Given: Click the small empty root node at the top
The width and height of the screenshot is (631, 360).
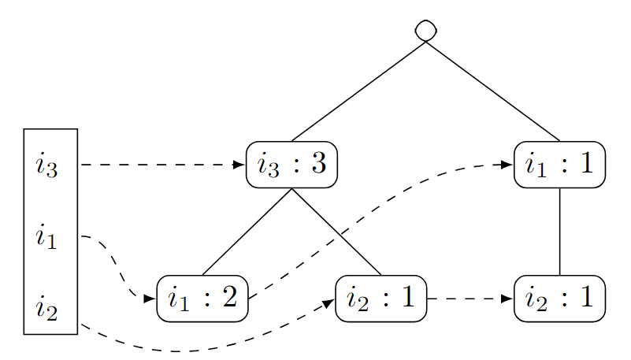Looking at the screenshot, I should [425, 29].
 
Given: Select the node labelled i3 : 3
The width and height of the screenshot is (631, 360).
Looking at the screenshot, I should [291, 165].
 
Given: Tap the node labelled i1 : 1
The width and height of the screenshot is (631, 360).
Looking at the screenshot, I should [559, 165].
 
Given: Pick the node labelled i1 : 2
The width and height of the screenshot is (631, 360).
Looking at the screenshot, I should [202, 299].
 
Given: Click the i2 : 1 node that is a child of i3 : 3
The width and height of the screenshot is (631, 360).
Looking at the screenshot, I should [381, 299].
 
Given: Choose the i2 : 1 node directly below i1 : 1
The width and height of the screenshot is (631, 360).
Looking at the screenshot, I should [559, 299].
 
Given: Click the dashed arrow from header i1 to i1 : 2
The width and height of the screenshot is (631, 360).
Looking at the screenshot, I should [118, 268].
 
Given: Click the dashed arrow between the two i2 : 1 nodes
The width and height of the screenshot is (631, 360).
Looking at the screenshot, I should [470, 299].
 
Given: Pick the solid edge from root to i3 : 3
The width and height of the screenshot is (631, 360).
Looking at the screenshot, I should [358, 91].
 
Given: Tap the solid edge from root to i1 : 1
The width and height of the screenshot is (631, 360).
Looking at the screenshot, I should [492, 91].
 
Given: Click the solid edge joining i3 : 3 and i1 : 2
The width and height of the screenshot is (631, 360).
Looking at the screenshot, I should [247, 232].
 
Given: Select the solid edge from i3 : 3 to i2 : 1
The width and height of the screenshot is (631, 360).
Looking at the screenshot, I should [336, 232].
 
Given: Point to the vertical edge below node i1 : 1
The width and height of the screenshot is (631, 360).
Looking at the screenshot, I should [559, 232].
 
